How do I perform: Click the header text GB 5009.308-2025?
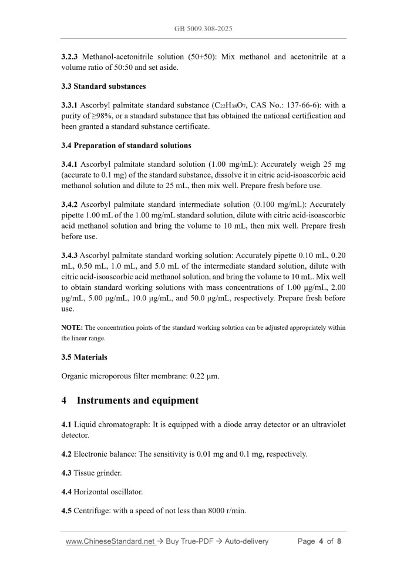[203, 28]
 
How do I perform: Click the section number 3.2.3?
[70, 57]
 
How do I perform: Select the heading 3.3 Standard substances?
[103, 86]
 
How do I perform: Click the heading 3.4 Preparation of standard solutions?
[126, 145]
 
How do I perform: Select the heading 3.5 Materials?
[84, 357]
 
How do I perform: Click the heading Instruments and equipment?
[137, 401]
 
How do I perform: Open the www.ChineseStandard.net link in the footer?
[110, 541]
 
